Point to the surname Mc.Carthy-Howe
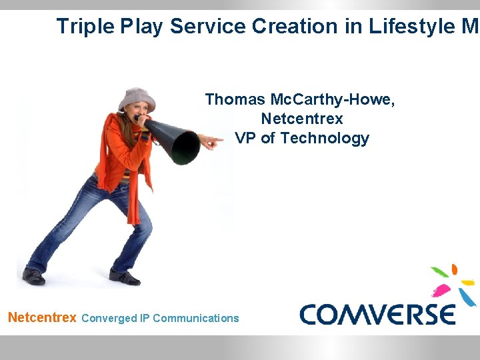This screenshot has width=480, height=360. [333, 99]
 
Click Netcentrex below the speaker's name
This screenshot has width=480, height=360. [302, 119]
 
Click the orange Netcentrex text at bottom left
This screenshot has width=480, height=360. [42, 317]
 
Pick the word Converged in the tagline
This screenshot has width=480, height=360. [108, 318]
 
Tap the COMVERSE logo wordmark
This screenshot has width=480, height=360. [377, 314]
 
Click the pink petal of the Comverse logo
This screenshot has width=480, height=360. [442, 290]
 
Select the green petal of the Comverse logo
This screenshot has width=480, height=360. [440, 271]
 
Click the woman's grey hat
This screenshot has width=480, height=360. [137, 99]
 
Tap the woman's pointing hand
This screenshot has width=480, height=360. [211, 142]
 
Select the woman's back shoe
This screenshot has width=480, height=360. [33, 275]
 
